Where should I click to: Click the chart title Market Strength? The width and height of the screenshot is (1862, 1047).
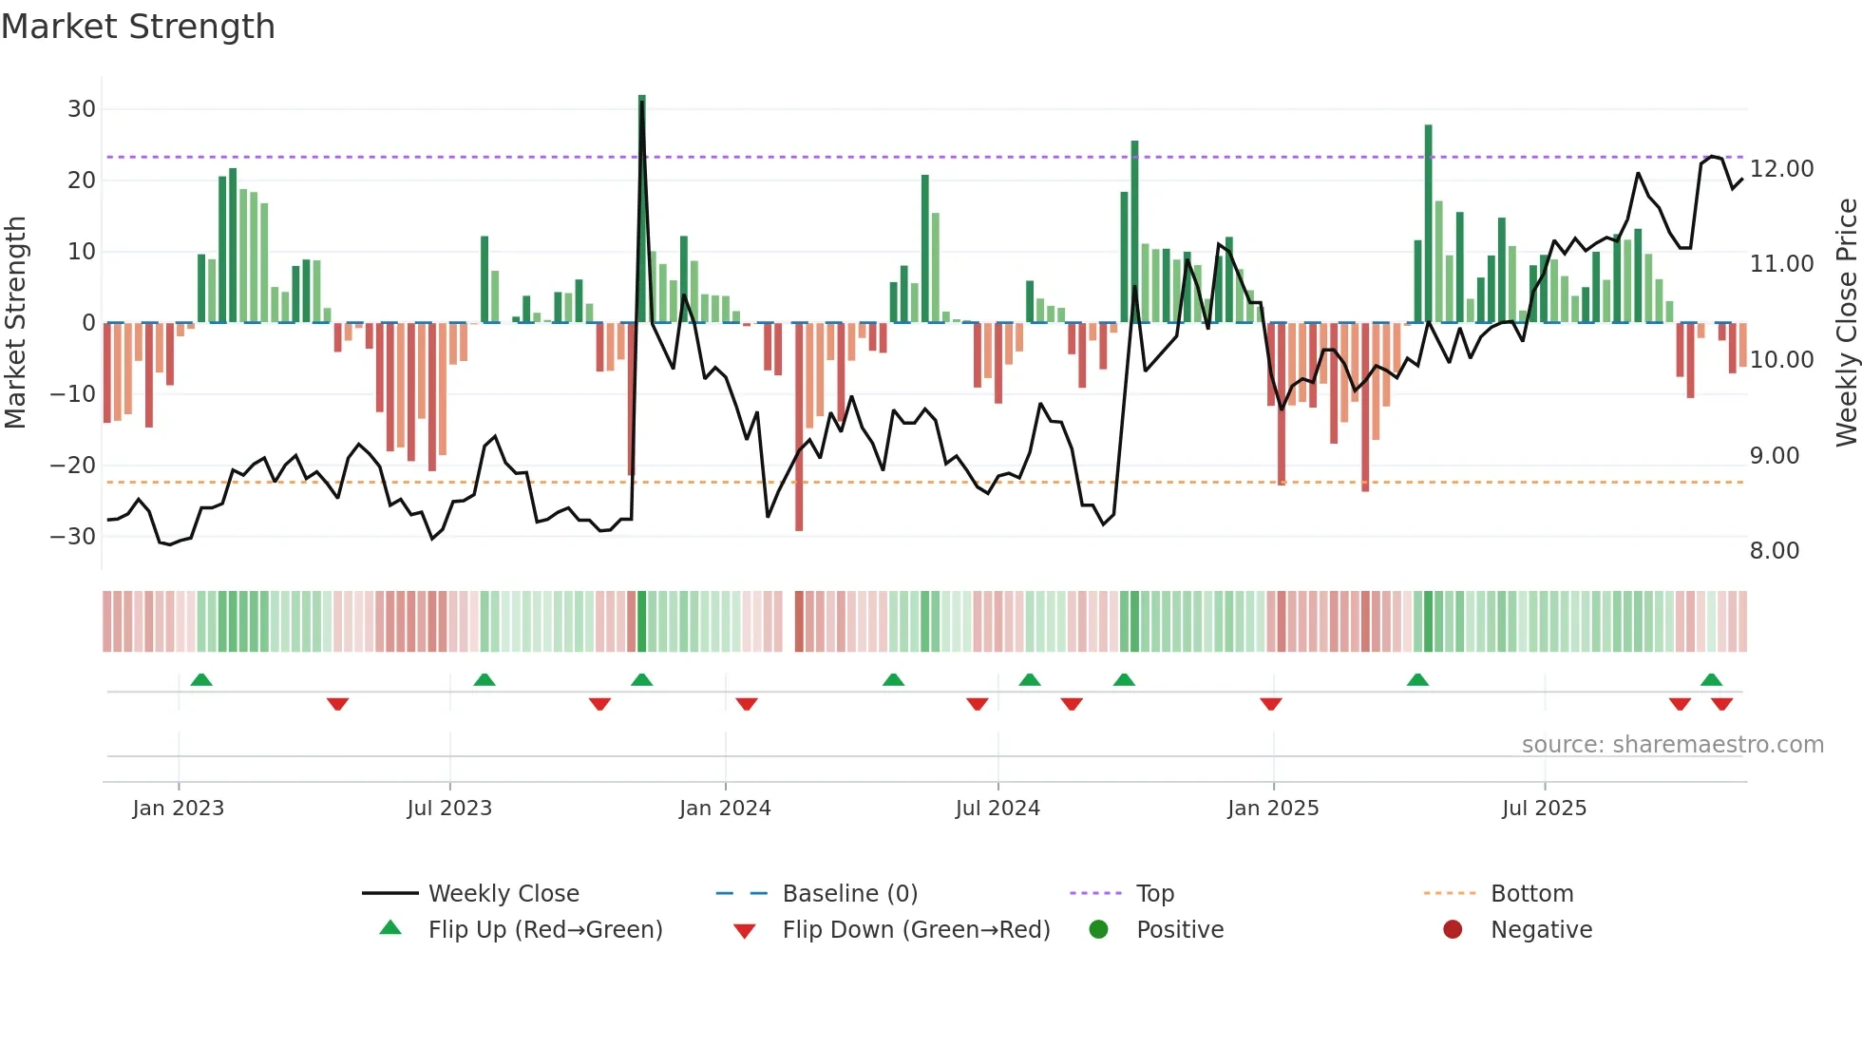click(x=138, y=27)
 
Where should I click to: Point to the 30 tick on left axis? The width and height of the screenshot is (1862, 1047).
click(x=82, y=109)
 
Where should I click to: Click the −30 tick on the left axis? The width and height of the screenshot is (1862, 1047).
click(x=74, y=537)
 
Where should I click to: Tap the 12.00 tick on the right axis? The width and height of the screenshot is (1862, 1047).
click(x=1781, y=169)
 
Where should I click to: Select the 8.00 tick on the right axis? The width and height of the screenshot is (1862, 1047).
click(x=1774, y=551)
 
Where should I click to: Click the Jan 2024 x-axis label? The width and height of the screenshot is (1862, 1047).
click(x=725, y=809)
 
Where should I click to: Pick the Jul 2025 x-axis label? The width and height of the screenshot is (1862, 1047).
click(x=1544, y=809)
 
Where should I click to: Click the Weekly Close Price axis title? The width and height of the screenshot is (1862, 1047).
click(x=1846, y=323)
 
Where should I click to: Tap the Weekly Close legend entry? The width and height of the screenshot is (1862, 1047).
click(x=503, y=894)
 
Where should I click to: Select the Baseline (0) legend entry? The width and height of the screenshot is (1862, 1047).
click(x=849, y=894)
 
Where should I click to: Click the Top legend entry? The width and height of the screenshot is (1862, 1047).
click(x=1155, y=894)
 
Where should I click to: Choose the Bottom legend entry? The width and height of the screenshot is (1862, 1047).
click(x=1531, y=894)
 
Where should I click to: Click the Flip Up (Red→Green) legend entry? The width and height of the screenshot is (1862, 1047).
click(x=544, y=930)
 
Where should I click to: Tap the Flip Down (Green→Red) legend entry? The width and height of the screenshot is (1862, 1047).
click(x=916, y=930)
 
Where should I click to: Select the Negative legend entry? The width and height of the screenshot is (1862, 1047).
click(x=1541, y=930)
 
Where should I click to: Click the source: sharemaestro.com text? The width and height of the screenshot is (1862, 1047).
click(x=1672, y=745)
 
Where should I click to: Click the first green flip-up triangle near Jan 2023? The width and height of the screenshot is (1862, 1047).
click(x=201, y=679)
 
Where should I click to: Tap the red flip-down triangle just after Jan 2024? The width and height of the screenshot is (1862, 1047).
click(x=747, y=704)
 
